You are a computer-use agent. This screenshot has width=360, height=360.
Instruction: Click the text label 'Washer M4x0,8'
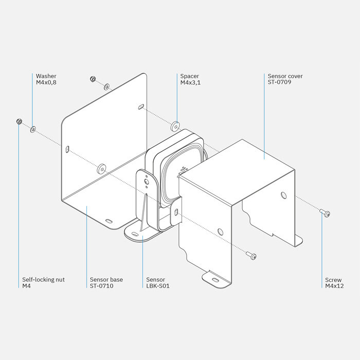point(46,79)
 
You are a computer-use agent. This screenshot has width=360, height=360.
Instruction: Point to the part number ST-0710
point(101,286)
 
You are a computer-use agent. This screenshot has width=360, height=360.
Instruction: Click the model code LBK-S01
point(158,286)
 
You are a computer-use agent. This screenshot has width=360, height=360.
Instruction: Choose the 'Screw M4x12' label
point(334,283)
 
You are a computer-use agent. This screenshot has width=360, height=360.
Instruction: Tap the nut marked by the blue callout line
point(19,121)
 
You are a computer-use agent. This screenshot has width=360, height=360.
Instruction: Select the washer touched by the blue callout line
point(33,129)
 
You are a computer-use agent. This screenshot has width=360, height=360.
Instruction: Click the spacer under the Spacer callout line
point(175,125)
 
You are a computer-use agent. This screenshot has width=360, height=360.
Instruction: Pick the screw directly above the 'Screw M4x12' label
point(325,212)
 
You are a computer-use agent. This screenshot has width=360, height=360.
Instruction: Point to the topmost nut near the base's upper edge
point(93,79)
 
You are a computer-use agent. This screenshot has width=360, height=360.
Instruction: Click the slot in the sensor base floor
point(109,221)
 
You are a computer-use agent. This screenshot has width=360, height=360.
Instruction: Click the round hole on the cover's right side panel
point(283,195)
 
